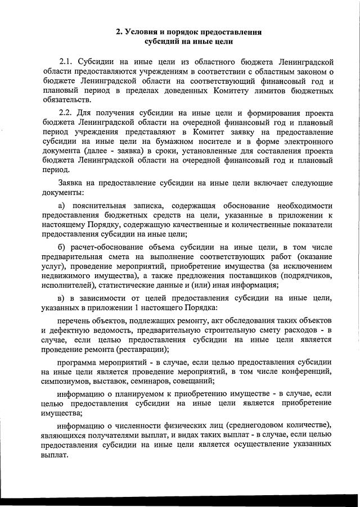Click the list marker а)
point(62,205)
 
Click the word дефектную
point(71,331)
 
